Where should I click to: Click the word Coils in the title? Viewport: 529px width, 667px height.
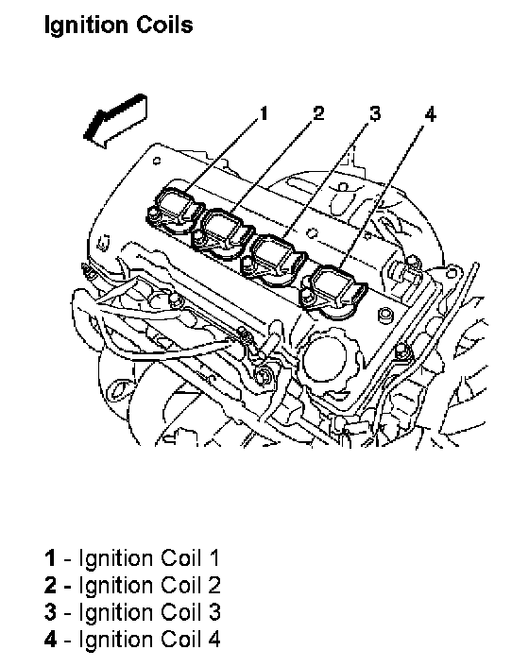tap(164, 25)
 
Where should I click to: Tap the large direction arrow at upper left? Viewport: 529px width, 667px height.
tap(115, 121)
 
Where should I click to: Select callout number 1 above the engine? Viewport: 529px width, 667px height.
tap(264, 113)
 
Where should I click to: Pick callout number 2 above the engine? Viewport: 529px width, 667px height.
tap(318, 113)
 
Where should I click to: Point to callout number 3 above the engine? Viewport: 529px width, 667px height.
tap(375, 113)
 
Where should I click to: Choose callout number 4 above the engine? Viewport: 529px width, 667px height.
tap(431, 114)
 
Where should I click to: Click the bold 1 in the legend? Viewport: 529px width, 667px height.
tap(50, 558)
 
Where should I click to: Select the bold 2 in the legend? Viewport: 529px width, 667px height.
tap(50, 586)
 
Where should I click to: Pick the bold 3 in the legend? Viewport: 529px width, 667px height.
tap(50, 612)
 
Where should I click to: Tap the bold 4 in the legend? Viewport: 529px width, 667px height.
tap(50, 640)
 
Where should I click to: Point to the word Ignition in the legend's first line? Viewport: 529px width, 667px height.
tap(117, 559)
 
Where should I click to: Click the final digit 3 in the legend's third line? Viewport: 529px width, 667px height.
tap(213, 612)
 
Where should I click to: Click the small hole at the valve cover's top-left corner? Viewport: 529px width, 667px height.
tap(157, 161)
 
